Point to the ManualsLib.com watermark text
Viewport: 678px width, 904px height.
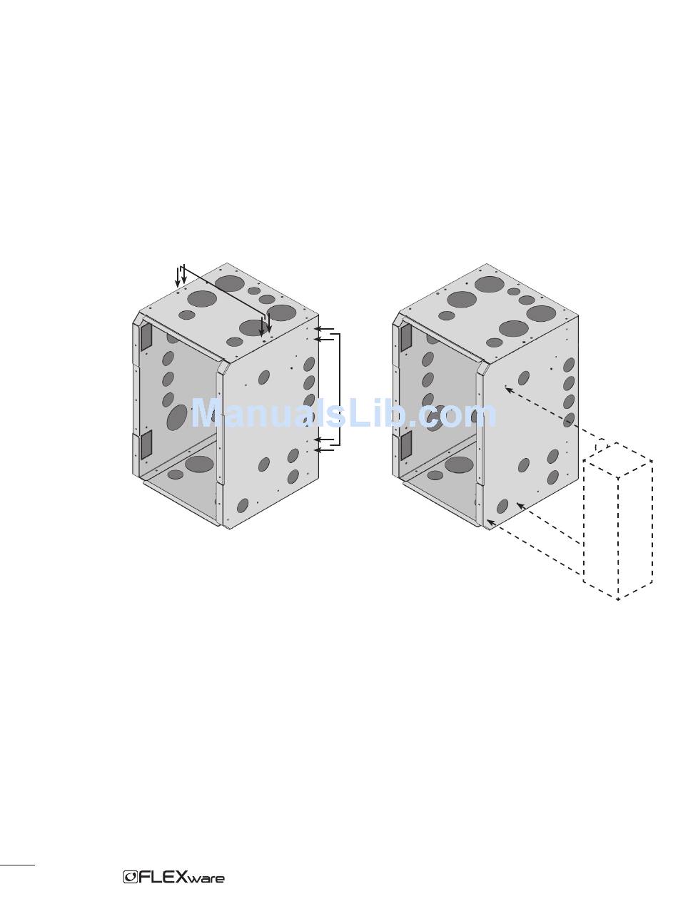pos(344,413)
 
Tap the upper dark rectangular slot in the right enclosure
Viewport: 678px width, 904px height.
pos(406,337)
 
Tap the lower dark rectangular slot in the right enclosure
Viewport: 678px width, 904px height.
pos(406,445)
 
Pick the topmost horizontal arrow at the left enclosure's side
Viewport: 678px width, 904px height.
pos(324,329)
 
